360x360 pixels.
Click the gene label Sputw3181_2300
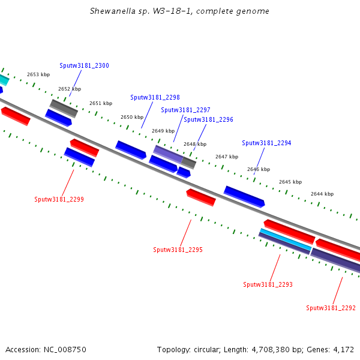(84, 65)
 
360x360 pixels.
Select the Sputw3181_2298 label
(155, 97)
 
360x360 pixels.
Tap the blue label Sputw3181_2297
(185, 110)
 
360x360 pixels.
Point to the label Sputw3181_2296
(208, 119)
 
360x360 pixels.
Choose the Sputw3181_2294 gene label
(266, 143)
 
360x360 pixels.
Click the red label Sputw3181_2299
(59, 199)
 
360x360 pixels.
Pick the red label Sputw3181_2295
(178, 250)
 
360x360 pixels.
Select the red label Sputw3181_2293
(268, 284)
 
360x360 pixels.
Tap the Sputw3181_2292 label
(331, 308)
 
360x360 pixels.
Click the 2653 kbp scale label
(38, 74)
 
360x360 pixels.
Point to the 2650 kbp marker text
(132, 118)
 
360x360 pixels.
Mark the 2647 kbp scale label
(227, 157)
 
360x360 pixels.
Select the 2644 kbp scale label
(322, 194)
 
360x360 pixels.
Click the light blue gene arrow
(286, 239)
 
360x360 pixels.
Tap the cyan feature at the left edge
(4, 80)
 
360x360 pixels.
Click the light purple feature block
(168, 154)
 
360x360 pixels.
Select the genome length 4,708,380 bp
(278, 350)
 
